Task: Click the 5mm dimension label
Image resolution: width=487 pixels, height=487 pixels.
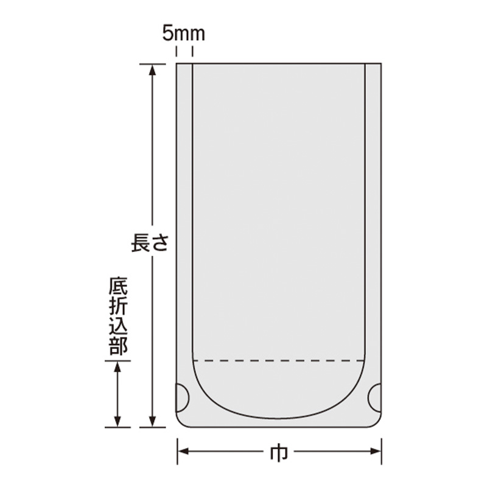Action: pyautogui.click(x=184, y=34)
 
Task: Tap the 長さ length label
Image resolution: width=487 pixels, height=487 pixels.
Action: pyautogui.click(x=150, y=242)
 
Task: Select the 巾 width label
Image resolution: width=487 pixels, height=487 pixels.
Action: pyautogui.click(x=279, y=454)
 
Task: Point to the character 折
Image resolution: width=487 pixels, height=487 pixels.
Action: pyautogui.click(x=118, y=306)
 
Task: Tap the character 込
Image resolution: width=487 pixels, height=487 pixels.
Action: pyautogui.click(x=118, y=326)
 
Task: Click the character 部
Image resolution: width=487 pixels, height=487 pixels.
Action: pyautogui.click(x=118, y=346)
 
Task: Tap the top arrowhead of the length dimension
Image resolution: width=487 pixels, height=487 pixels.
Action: pyautogui.click(x=152, y=69)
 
